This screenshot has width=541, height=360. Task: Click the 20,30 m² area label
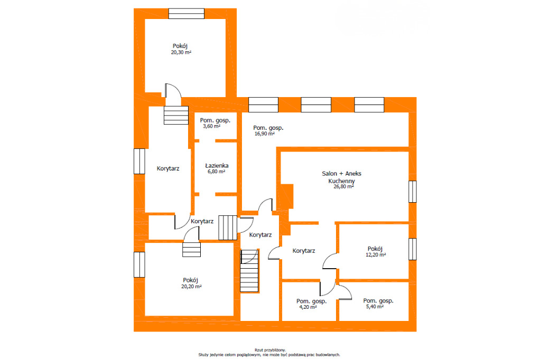pos(181,52)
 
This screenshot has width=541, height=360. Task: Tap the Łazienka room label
pos(217,166)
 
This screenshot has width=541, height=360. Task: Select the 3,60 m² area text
pos(211,126)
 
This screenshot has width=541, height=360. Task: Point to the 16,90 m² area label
pos(265,134)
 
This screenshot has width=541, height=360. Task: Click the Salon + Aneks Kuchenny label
pos(342,177)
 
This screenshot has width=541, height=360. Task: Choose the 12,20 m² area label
pos(376,255)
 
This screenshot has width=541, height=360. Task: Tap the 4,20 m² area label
pos(308,307)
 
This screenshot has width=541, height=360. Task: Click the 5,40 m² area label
pos(375,306)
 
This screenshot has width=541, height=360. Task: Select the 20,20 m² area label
pos(191,287)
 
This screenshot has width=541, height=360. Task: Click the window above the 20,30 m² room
pos(186,13)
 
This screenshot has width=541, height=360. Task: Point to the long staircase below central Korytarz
pos(249,271)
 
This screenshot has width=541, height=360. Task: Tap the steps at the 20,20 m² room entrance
pos(191,250)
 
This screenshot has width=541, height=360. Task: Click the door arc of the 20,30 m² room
pos(173,91)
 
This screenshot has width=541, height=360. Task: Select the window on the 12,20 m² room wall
pos(413,249)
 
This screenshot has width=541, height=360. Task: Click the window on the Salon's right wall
pos(413,192)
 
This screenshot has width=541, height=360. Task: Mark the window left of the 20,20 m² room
pos(139,264)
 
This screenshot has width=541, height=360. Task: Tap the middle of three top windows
pos(316,105)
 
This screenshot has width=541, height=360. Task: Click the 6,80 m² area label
pos(216,172)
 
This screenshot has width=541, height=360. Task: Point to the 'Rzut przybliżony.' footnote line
pos(270,350)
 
